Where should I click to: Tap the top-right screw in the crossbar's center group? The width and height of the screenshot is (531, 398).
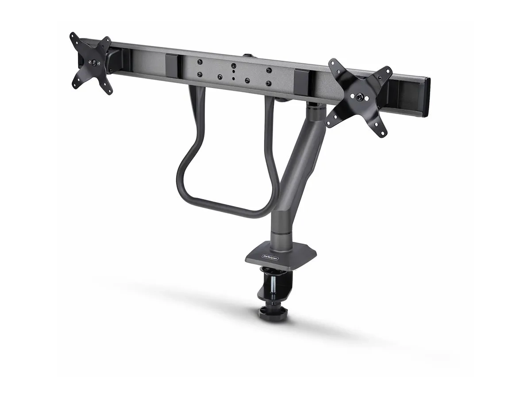tap(268, 70)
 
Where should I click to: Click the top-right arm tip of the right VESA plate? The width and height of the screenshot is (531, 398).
tap(388, 70)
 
